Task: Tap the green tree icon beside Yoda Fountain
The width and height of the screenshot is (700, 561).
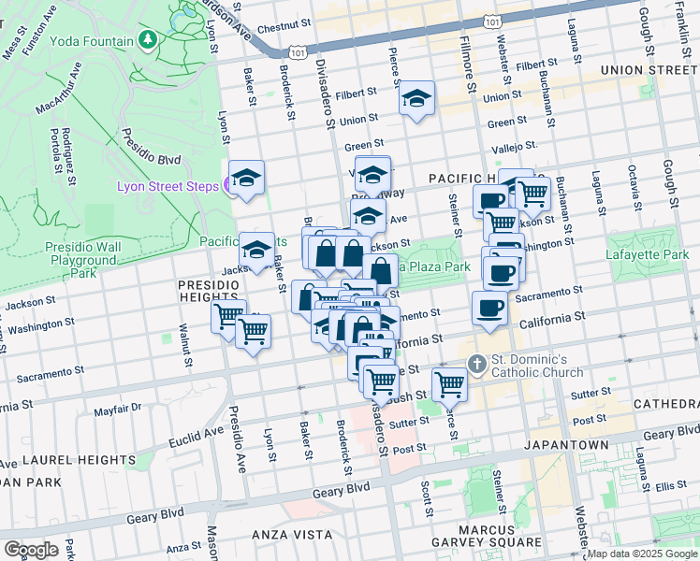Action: [147, 40]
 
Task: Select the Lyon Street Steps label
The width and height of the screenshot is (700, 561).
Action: [167, 186]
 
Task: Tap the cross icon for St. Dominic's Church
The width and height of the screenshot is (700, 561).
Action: [475, 364]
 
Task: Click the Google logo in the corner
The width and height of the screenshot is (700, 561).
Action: [32, 549]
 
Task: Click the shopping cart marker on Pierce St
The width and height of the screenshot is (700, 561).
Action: [449, 383]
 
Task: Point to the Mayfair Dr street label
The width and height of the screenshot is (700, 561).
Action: [117, 408]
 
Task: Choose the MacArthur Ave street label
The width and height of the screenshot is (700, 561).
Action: [59, 89]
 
